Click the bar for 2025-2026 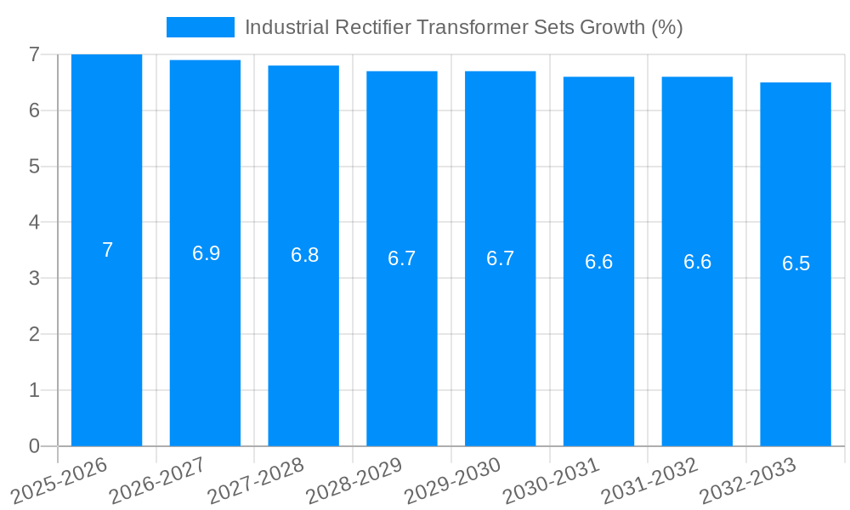(x=106, y=340)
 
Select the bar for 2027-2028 (x=303, y=340)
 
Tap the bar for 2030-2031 (x=598, y=340)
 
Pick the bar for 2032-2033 (x=796, y=340)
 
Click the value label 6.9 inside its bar (x=206, y=253)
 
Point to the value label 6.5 (x=796, y=263)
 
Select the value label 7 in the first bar (x=107, y=251)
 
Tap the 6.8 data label (x=304, y=255)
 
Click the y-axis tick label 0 (x=34, y=446)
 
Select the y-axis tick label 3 (x=34, y=279)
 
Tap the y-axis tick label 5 (x=34, y=167)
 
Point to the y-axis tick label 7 (x=34, y=55)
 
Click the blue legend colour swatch (x=201, y=27)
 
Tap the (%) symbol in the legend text (x=667, y=27)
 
